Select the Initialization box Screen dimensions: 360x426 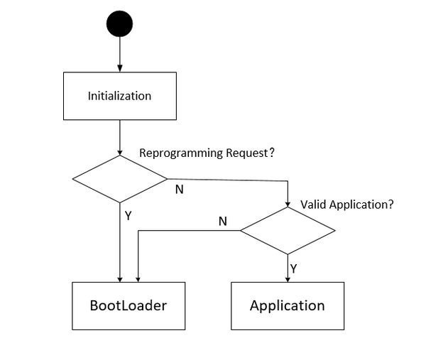[119, 95]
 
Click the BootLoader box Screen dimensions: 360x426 [128, 305]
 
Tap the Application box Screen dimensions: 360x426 [287, 305]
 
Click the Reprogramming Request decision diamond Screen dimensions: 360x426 [119, 179]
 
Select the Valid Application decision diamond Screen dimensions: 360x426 [288, 231]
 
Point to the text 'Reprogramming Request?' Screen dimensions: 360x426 [207, 153]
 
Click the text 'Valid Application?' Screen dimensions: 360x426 [346, 204]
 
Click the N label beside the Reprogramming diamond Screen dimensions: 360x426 [179, 190]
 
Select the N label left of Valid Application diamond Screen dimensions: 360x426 [222, 222]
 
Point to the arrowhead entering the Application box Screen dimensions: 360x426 [288, 278]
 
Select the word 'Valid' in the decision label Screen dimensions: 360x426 [313, 204]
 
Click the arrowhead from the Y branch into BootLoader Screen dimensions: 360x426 [119, 278]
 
